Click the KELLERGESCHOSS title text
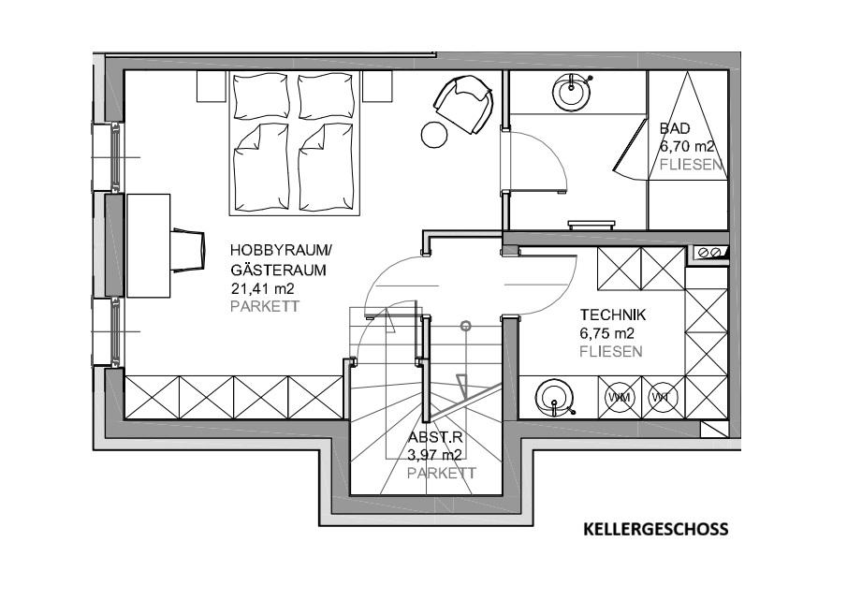tap(655, 530)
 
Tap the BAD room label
tap(675, 128)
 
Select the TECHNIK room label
tap(613, 315)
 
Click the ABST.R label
tap(434, 437)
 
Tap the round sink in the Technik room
tap(555, 397)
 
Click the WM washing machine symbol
tap(619, 398)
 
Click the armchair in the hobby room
tap(464, 104)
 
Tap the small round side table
tap(435, 134)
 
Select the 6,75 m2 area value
tap(607, 333)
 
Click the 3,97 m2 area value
tap(435, 455)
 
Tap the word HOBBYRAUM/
tap(281, 251)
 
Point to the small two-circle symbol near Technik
tap(710, 252)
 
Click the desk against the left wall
tap(148, 244)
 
